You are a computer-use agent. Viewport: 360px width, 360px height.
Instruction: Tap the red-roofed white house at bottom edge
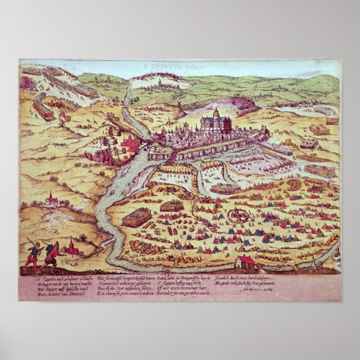click(x=246, y=262)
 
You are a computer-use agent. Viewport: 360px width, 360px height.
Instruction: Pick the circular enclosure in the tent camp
click(x=238, y=215)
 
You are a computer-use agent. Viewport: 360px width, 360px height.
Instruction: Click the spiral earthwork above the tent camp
click(x=293, y=184)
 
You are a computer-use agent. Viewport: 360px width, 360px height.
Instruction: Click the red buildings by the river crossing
click(x=130, y=144)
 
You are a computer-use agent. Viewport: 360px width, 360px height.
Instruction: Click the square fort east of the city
click(x=320, y=130)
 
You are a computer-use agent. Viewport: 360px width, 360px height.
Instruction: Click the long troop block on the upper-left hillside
click(x=44, y=107)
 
